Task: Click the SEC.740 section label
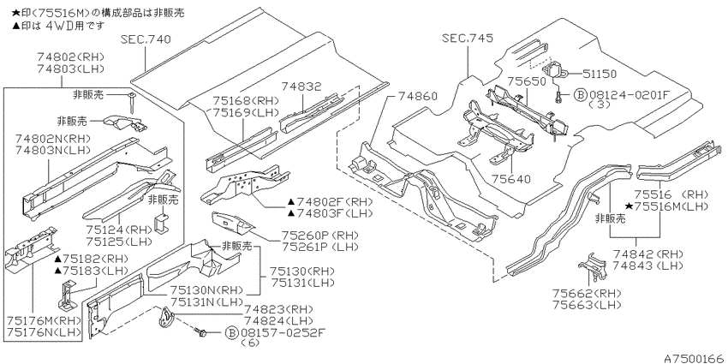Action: pyautogui.click(x=146, y=39)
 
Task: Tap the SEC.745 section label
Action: pyautogui.click(x=468, y=38)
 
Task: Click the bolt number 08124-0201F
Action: pyautogui.click(x=630, y=95)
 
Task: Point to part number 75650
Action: pyautogui.click(x=526, y=81)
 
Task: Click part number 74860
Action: pyautogui.click(x=418, y=96)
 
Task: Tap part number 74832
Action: pyautogui.click(x=301, y=87)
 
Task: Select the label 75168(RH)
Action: pyautogui.click(x=246, y=101)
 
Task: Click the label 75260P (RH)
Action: pyautogui.click(x=313, y=235)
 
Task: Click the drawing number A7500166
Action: pyautogui.click(x=694, y=358)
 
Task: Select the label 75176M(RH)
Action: pyautogui.click(x=44, y=321)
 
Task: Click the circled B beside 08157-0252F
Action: pyautogui.click(x=230, y=332)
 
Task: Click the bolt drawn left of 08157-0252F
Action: pyautogui.click(x=201, y=331)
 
